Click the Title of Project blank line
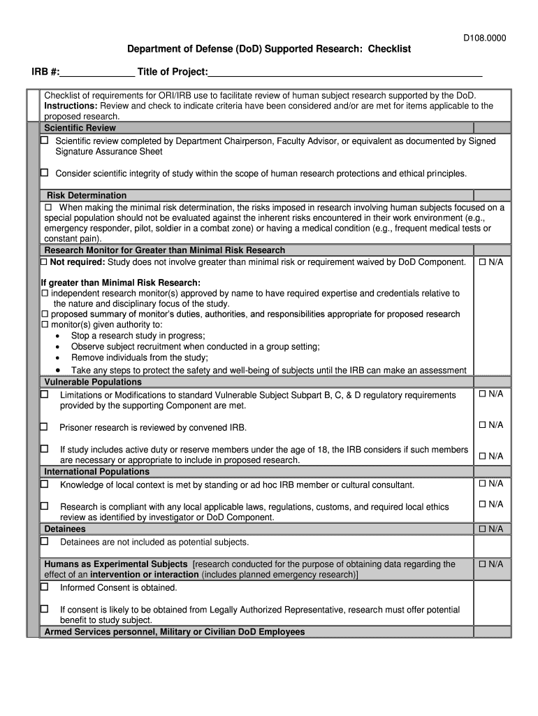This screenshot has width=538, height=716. pos(345,73)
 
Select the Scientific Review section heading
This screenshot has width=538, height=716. pos(80,128)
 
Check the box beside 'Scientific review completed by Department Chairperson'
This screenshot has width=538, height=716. pos(44,141)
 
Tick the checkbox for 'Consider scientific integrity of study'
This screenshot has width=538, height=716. pos(44,173)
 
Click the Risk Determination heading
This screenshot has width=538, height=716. pos(87,195)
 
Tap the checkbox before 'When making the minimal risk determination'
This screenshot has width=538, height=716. pos(49,208)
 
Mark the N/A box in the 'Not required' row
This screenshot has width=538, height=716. pos(482,262)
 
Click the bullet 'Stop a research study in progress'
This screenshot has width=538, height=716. pos(138,336)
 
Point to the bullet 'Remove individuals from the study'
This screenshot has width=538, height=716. pos(139,357)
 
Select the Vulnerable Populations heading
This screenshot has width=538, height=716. pos(93,382)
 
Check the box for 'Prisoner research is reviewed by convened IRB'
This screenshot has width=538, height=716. pos(44,427)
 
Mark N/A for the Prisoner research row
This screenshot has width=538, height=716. pos(482,425)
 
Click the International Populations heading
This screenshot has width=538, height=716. pos(96,472)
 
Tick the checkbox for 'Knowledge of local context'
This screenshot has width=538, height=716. pos(44,484)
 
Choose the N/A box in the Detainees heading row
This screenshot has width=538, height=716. pos(482,529)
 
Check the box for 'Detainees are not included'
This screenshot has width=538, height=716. pos(44,541)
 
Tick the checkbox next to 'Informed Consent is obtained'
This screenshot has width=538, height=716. pos(44,587)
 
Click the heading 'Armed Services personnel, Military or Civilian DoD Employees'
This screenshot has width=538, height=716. pos(175,631)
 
